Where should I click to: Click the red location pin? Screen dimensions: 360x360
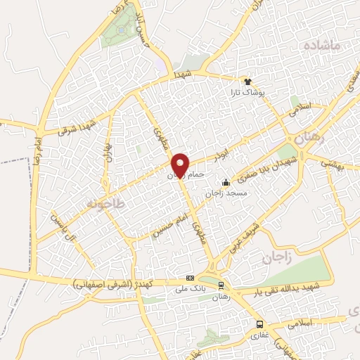181,164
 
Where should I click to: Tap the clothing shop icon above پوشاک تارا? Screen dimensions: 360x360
246,81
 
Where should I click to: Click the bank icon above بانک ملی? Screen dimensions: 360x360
189,278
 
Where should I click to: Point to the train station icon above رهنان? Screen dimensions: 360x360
221,285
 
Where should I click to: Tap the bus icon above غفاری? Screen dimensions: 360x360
260,324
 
